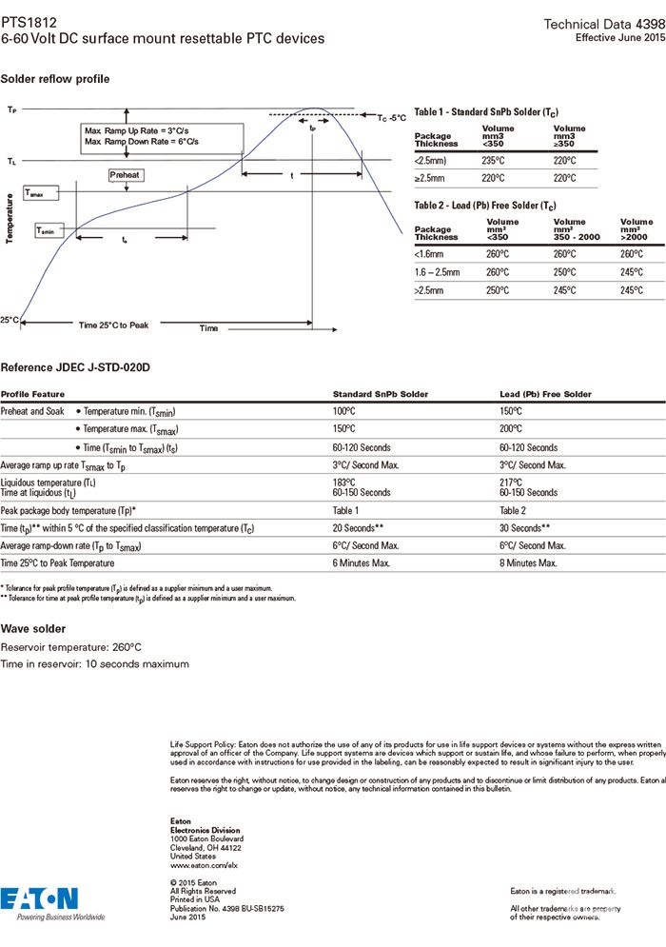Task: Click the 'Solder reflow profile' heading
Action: coord(55,78)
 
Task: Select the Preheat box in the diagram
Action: coord(125,175)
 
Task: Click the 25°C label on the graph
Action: coord(10,320)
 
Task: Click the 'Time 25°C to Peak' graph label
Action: coord(113,326)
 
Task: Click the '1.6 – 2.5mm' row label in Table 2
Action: coord(438,272)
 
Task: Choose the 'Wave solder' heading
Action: coord(33,629)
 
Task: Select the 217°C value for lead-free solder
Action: coord(511,483)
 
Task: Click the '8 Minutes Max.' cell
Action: coord(528,563)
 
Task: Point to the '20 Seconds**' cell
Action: coord(358,527)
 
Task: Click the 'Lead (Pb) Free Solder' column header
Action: coord(545,394)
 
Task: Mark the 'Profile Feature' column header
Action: coord(32,394)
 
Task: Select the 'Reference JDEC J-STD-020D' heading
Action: coord(76,367)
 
